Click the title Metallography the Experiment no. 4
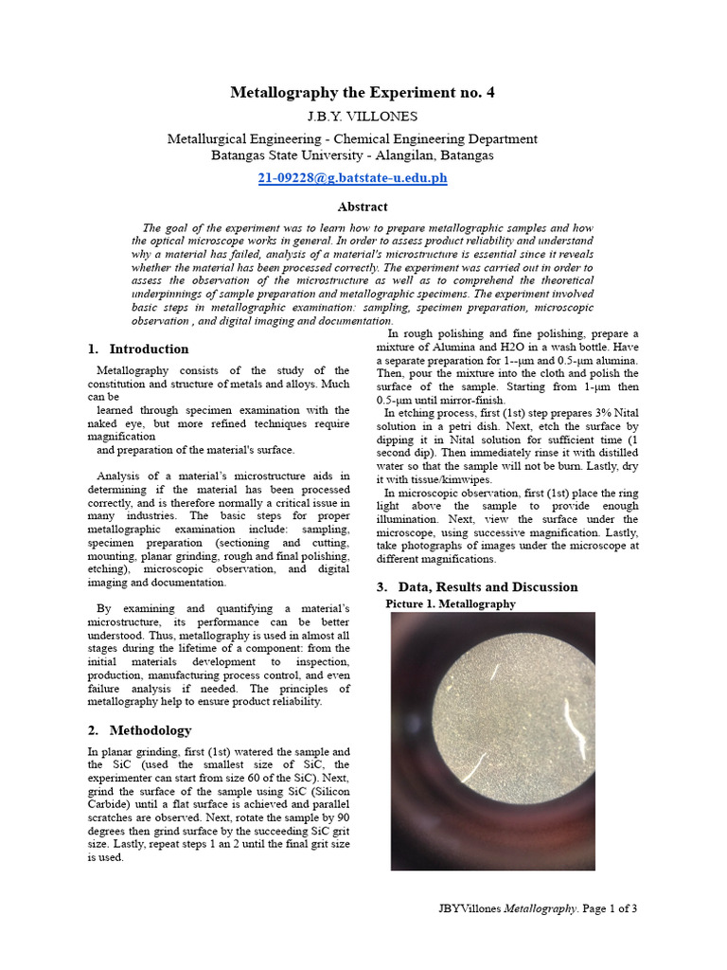coord(363,92)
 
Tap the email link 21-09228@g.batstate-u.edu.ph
coord(352,177)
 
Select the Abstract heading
coord(363,206)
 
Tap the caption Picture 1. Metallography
coord(451,603)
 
